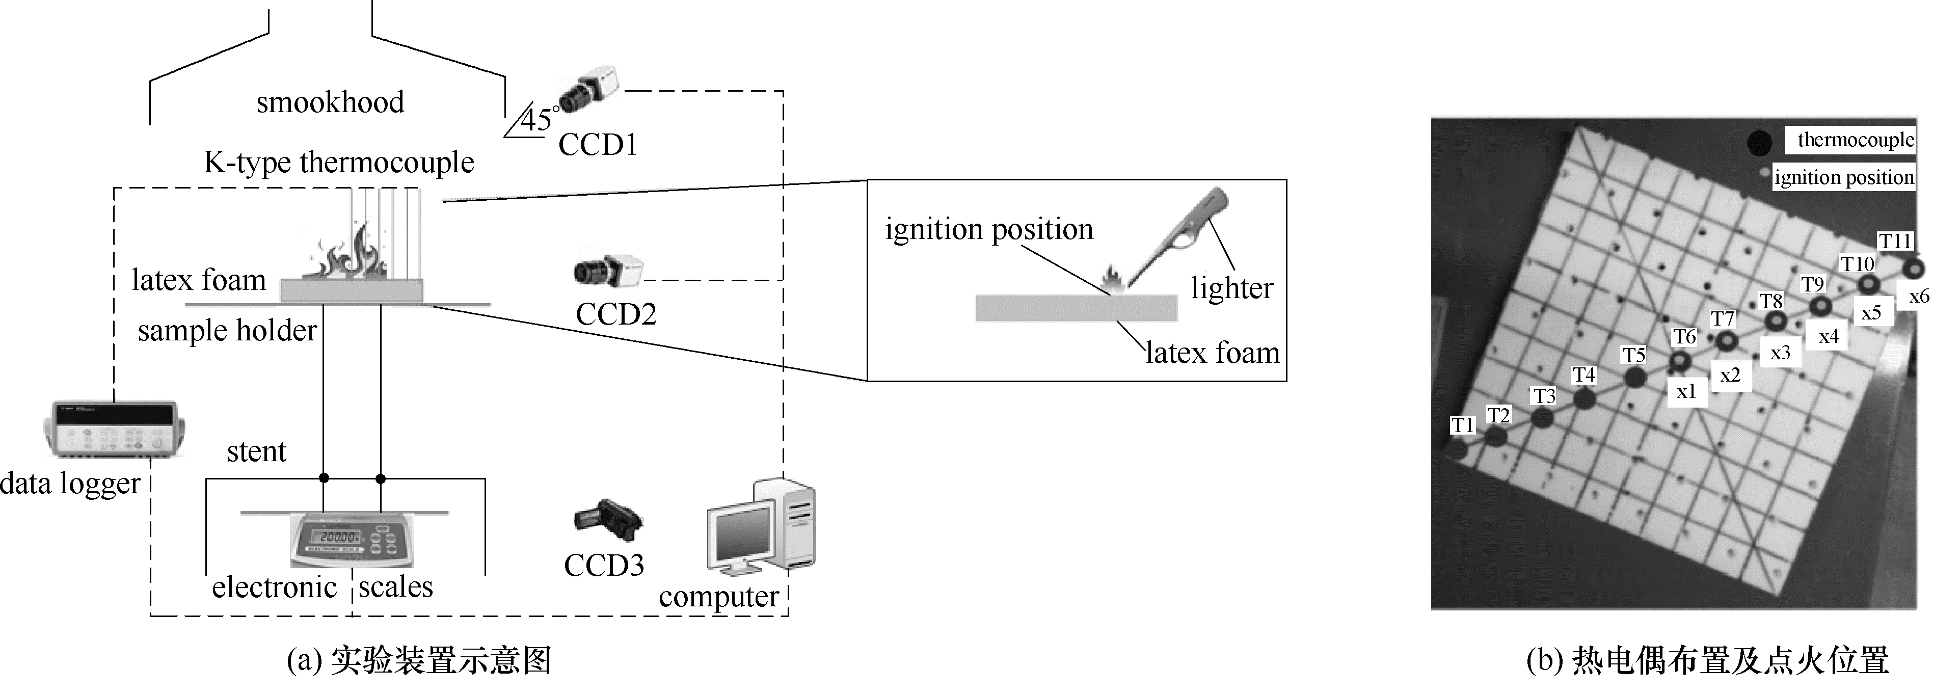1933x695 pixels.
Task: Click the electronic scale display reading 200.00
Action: (x=340, y=537)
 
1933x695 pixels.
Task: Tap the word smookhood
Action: (x=330, y=102)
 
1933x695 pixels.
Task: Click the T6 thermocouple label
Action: (x=1684, y=337)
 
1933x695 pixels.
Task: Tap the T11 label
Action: (x=1894, y=241)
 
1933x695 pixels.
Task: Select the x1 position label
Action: (x=1686, y=391)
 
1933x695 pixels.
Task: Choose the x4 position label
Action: (x=1829, y=336)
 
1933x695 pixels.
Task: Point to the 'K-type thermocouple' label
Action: (x=338, y=162)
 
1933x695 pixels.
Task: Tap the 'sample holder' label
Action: (x=227, y=330)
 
